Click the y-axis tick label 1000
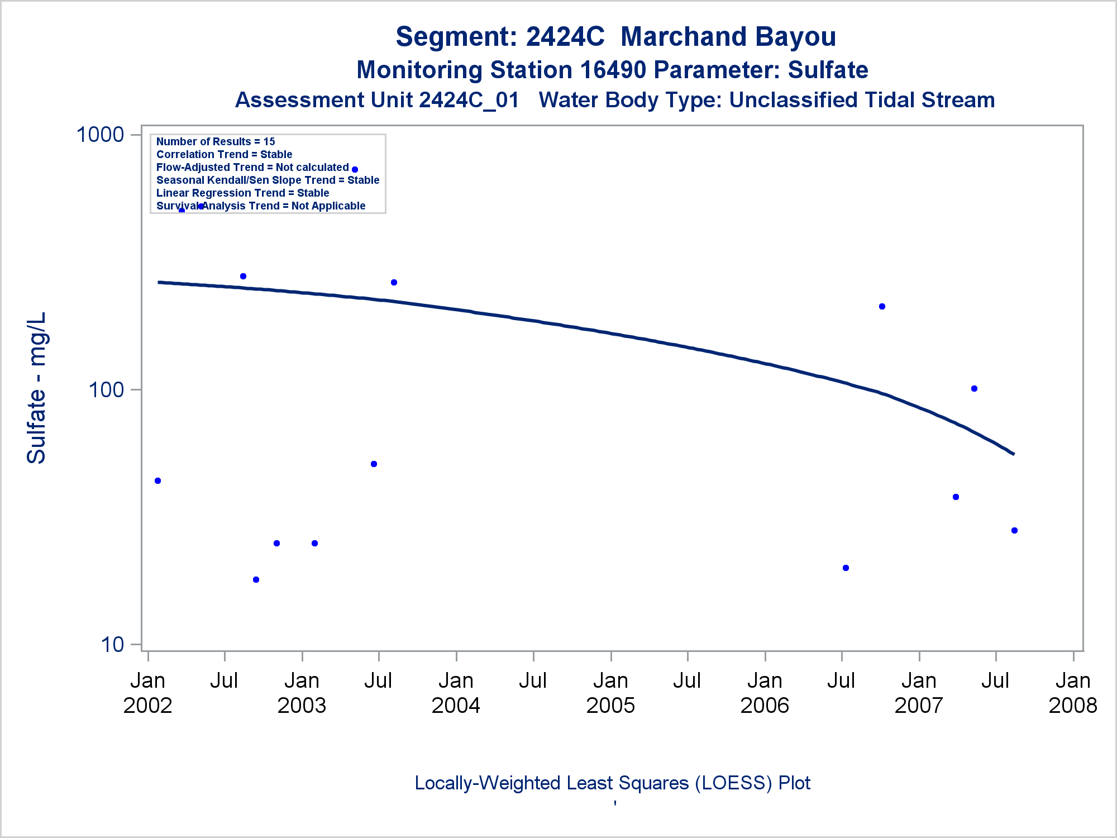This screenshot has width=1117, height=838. coord(100,135)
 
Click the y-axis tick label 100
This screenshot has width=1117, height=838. coord(106,390)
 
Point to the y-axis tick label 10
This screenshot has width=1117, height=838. coord(112,645)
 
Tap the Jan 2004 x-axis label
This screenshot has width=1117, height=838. coord(456,693)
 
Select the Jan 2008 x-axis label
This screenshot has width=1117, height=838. coord(1073,693)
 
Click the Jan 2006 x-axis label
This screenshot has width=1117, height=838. coord(765,693)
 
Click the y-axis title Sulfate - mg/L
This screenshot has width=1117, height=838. coord(37,388)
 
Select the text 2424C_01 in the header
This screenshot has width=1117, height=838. coord(469,101)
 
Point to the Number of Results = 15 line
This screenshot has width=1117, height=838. coord(216,142)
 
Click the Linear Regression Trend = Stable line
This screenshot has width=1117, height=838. coord(242,193)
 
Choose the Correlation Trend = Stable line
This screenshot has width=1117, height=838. coord(224,155)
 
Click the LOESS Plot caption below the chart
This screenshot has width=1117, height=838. coord(612,783)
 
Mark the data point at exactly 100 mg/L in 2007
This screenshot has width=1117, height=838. coord(974,389)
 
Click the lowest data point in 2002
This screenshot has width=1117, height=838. coord(256,580)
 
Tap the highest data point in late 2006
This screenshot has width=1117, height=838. coord(882,307)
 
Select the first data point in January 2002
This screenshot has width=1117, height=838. coord(157,481)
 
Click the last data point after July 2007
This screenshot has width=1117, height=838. coord(1014,531)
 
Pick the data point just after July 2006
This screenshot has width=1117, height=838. coord(846,568)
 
